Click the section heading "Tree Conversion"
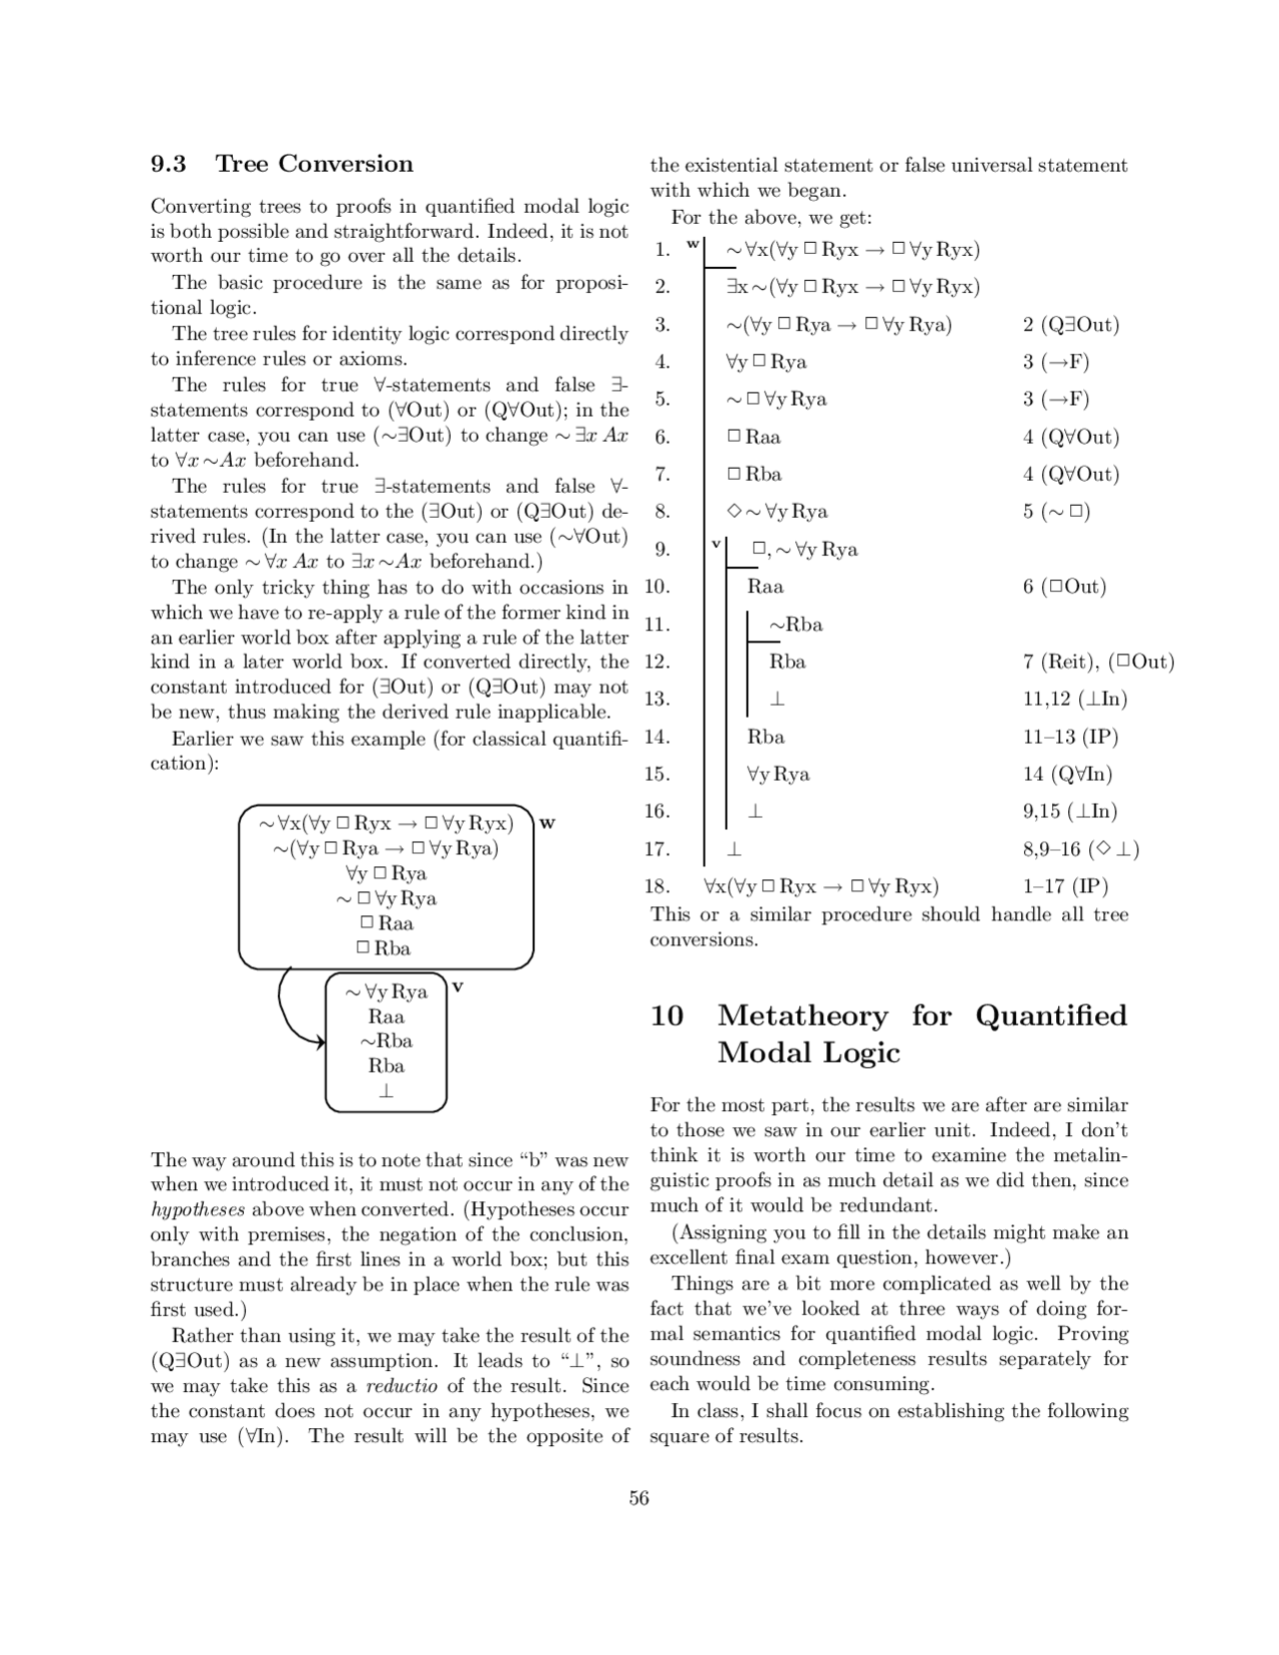pos(314,164)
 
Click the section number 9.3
pos(169,164)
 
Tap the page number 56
pos(639,1497)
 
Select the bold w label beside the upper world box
pos(547,824)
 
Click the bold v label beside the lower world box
pos(457,986)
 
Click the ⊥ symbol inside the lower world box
pos(386,1090)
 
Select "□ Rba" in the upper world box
pos(385,947)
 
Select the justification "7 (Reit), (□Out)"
pos(1098,662)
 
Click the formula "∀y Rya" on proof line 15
pos(778,774)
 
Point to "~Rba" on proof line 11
pos(795,625)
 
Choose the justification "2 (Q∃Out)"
pos(1070,324)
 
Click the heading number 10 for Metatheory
pos(667,1016)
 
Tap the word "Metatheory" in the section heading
pos(802,1016)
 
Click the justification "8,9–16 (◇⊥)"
pos(1080,848)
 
